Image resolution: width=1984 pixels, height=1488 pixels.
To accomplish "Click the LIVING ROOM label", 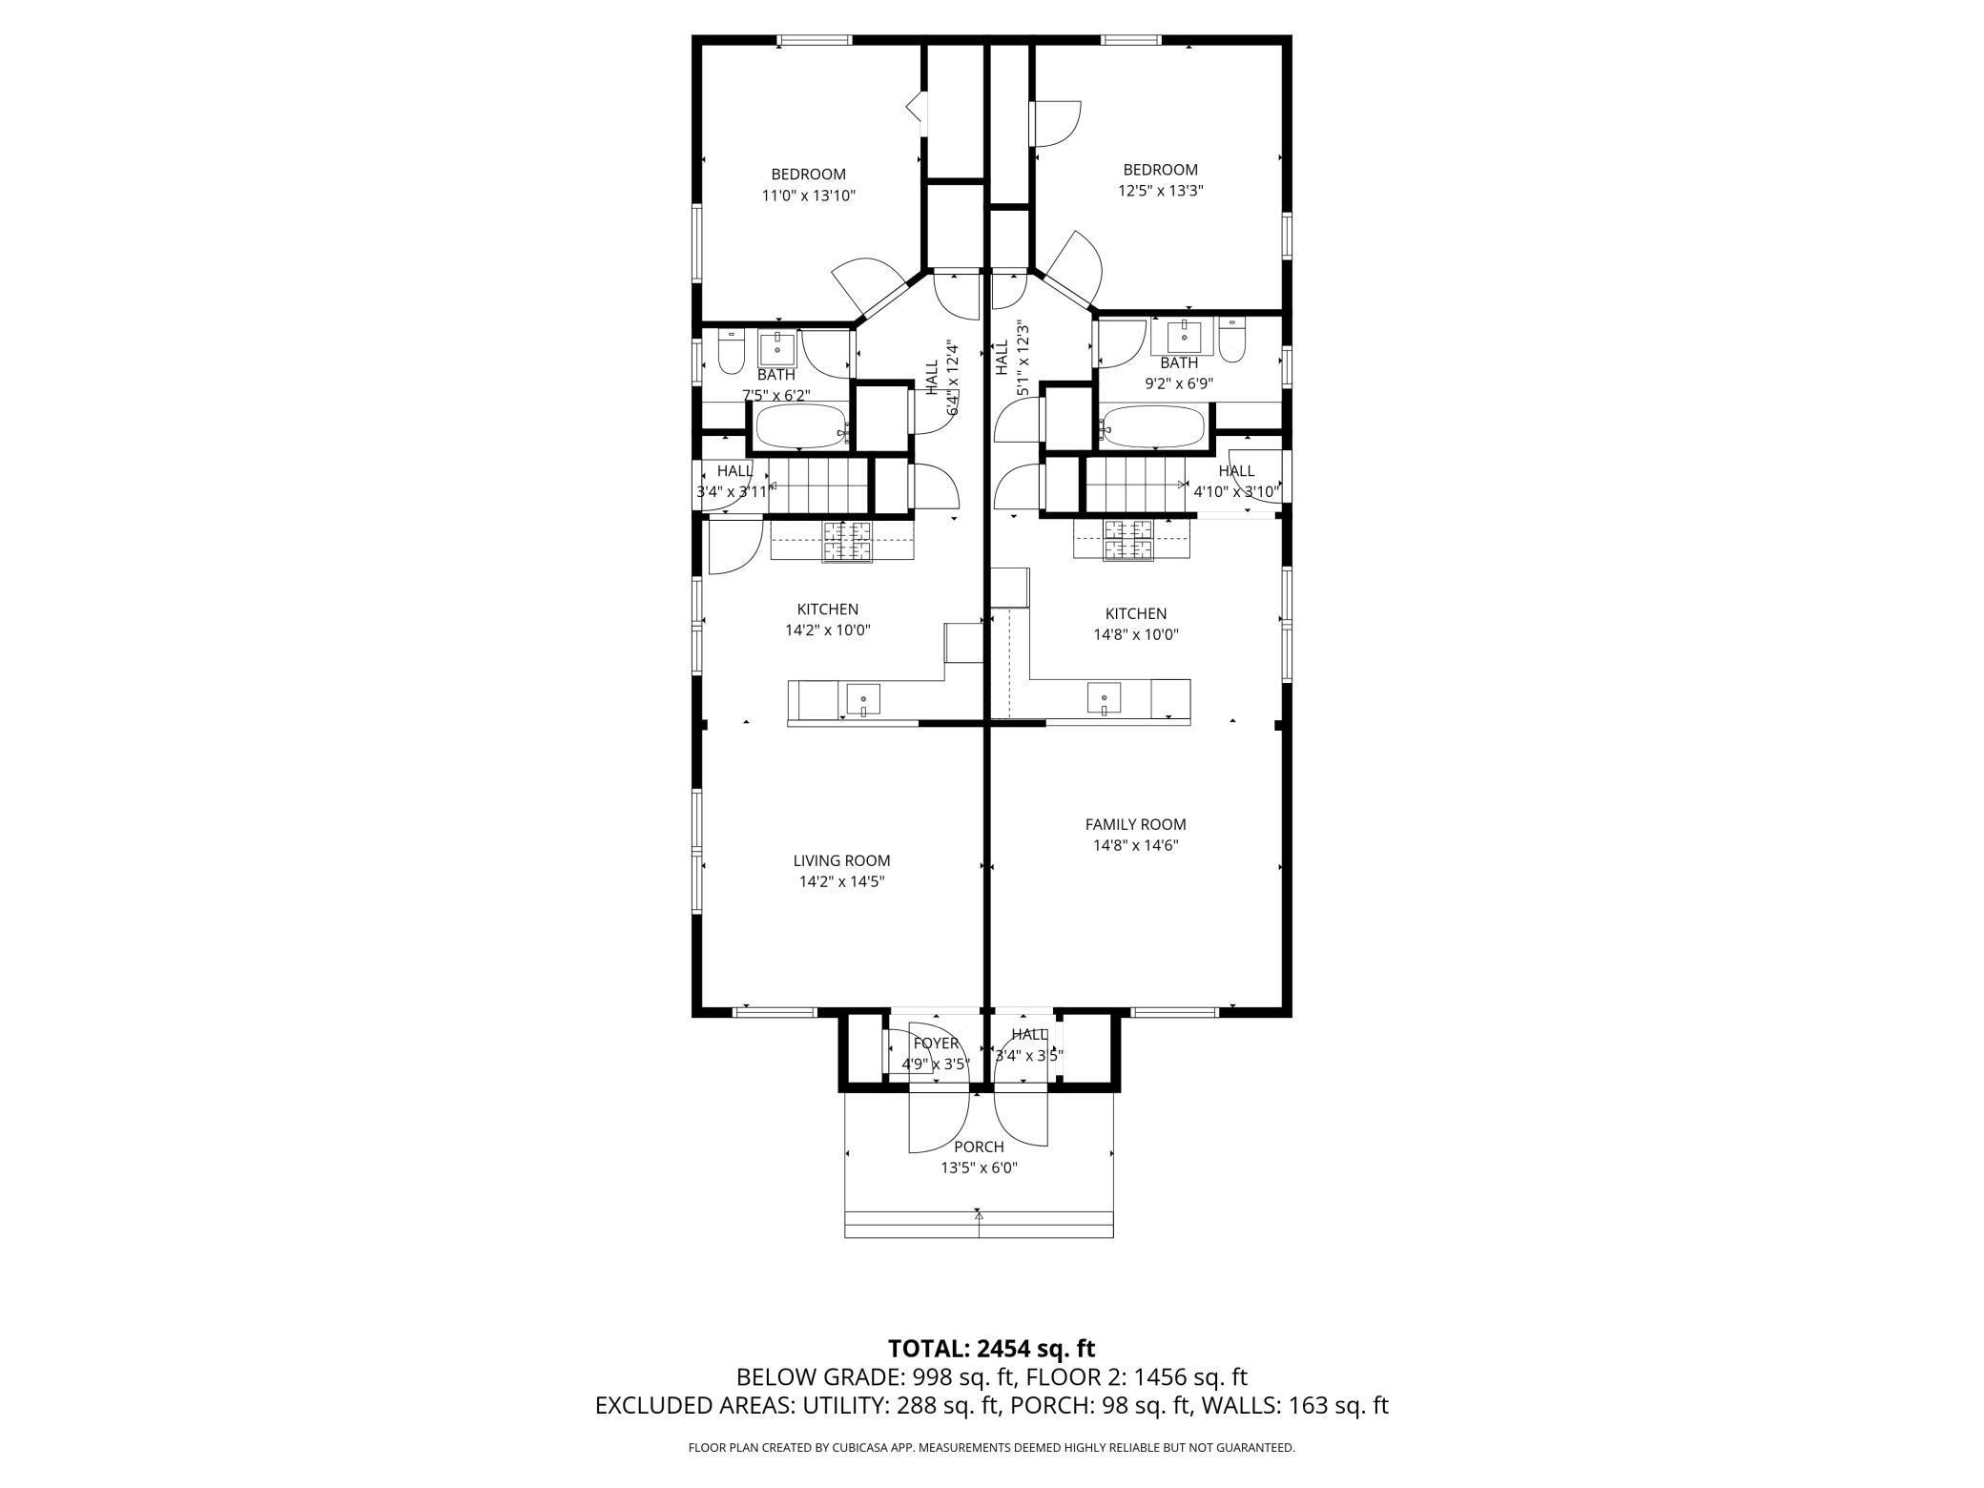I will coord(841,860).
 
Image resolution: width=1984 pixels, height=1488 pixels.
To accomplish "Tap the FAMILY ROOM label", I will coord(1135,824).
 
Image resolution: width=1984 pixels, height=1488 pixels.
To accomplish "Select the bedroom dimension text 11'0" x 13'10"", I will coord(808,196).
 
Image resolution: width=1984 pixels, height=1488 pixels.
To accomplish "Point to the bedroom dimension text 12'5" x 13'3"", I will coord(1160,191).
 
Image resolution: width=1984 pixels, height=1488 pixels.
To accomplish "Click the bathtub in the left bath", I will coord(799,426).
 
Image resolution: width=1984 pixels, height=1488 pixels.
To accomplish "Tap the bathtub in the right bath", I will coord(1150,427).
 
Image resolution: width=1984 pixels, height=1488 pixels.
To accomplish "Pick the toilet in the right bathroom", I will coord(1232,343).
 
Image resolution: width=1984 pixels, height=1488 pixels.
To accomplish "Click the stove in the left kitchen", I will coord(848,541).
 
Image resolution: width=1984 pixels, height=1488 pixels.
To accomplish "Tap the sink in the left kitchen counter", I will coord(863,699).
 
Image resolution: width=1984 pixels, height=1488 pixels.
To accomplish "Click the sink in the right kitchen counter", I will coord(1104,698).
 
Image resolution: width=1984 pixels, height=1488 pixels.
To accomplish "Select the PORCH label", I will coord(979,1147).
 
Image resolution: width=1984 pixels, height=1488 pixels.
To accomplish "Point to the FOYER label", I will coord(935,1043).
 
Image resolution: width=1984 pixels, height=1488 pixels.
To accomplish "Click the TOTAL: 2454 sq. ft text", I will coord(991,1349).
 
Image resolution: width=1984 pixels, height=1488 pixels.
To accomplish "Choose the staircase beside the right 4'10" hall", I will coord(1135,485).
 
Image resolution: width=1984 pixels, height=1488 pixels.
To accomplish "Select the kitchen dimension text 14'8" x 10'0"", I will coord(1135,634).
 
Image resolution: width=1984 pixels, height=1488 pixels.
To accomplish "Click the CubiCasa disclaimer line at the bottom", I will coord(991,1448).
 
